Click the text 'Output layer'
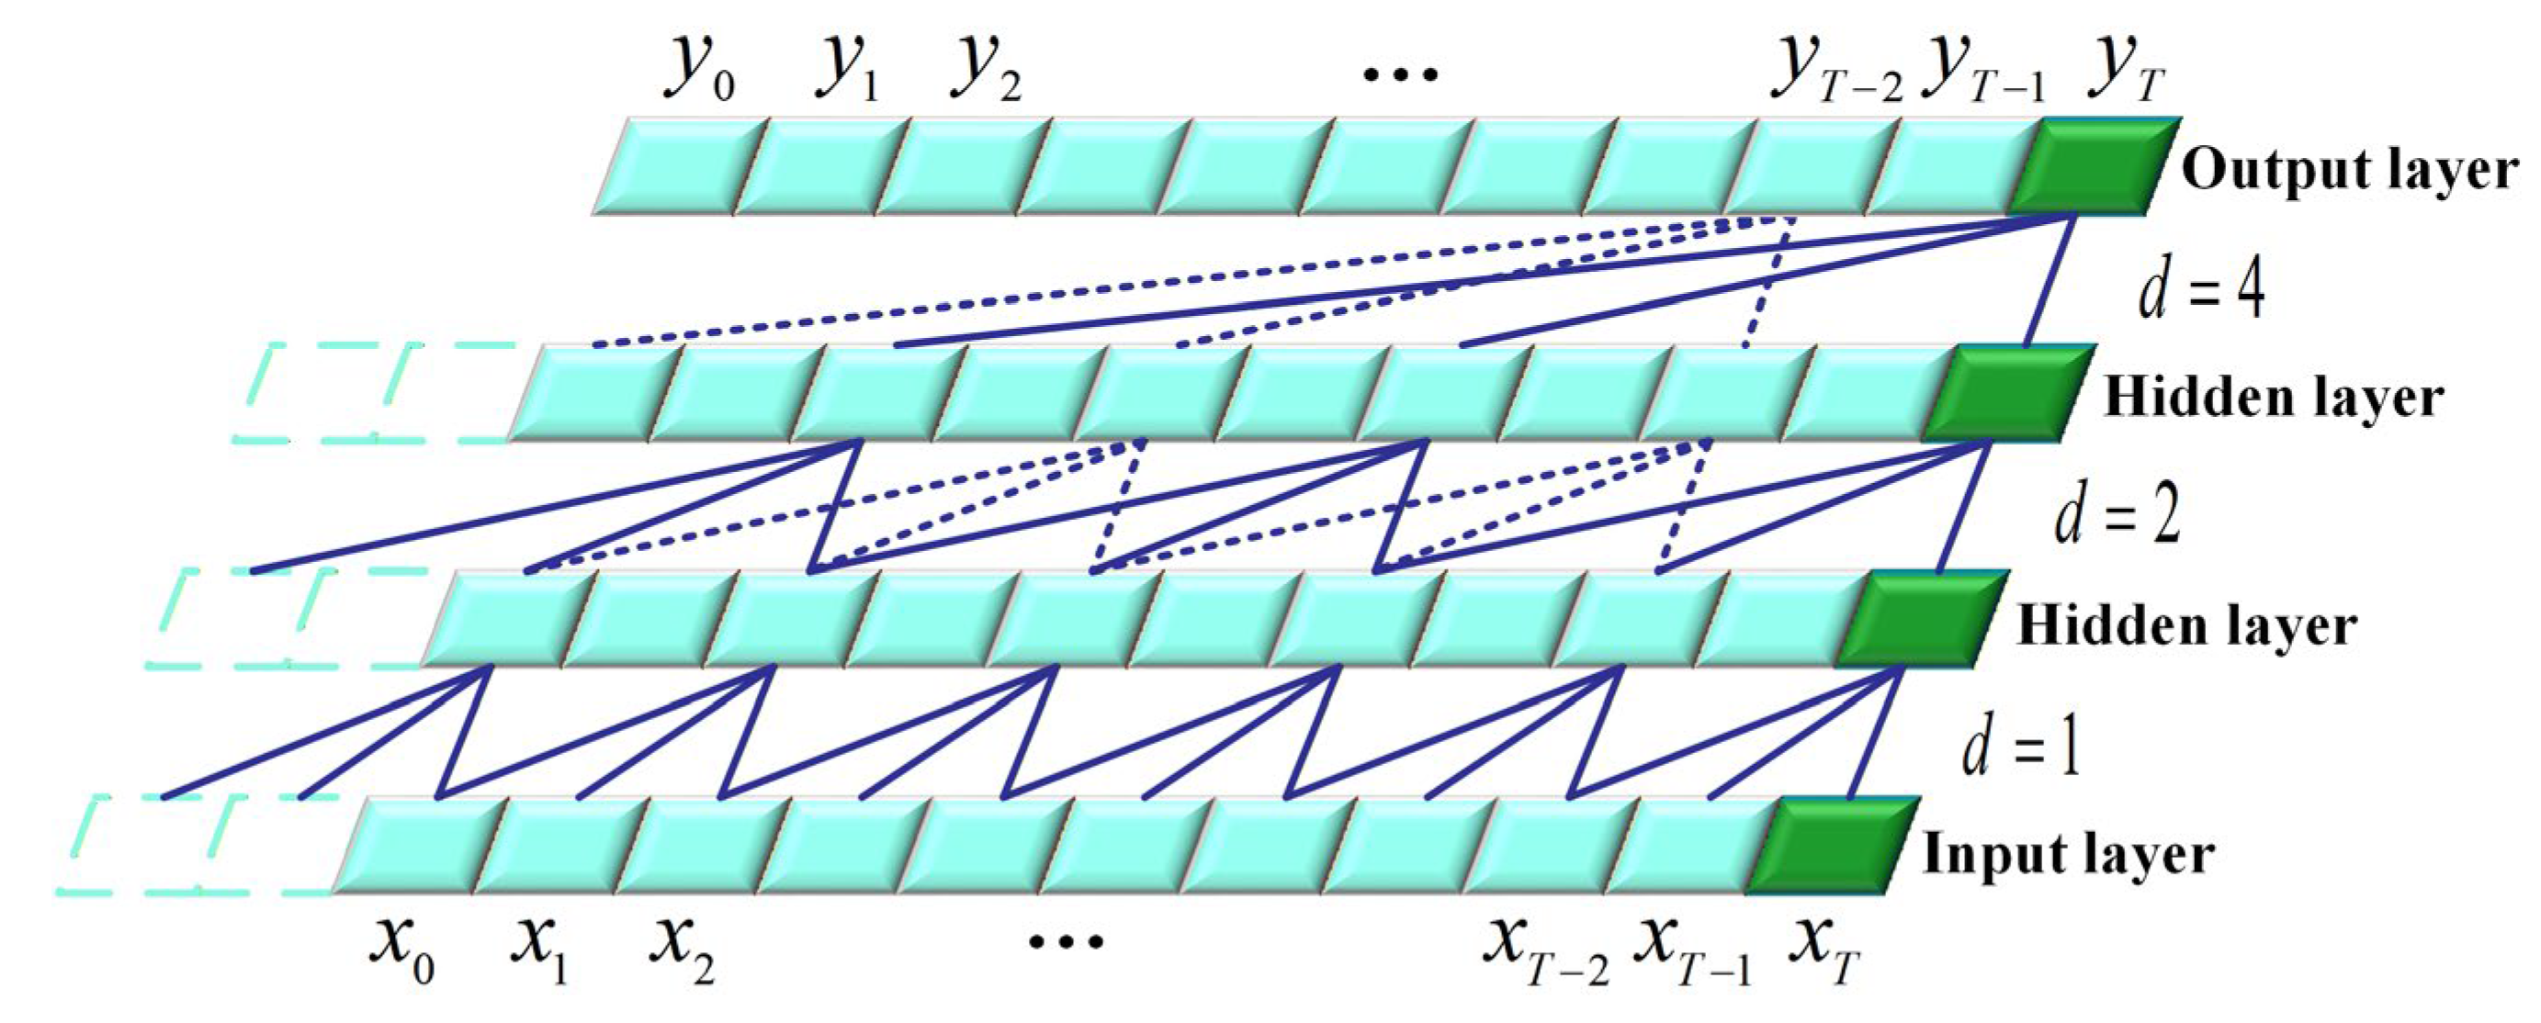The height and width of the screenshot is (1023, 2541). (2349, 171)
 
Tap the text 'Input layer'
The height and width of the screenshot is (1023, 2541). (2069, 854)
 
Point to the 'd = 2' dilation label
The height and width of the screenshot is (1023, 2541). (2117, 515)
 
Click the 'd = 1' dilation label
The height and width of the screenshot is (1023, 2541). (2020, 745)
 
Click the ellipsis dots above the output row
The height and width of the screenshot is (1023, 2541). (1400, 73)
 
